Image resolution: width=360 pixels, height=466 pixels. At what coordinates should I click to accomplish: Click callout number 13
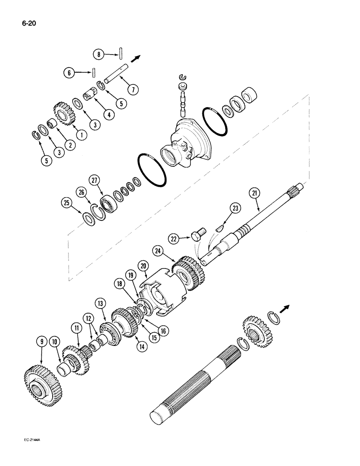101,304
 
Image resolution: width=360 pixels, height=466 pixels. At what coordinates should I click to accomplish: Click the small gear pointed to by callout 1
62,115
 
